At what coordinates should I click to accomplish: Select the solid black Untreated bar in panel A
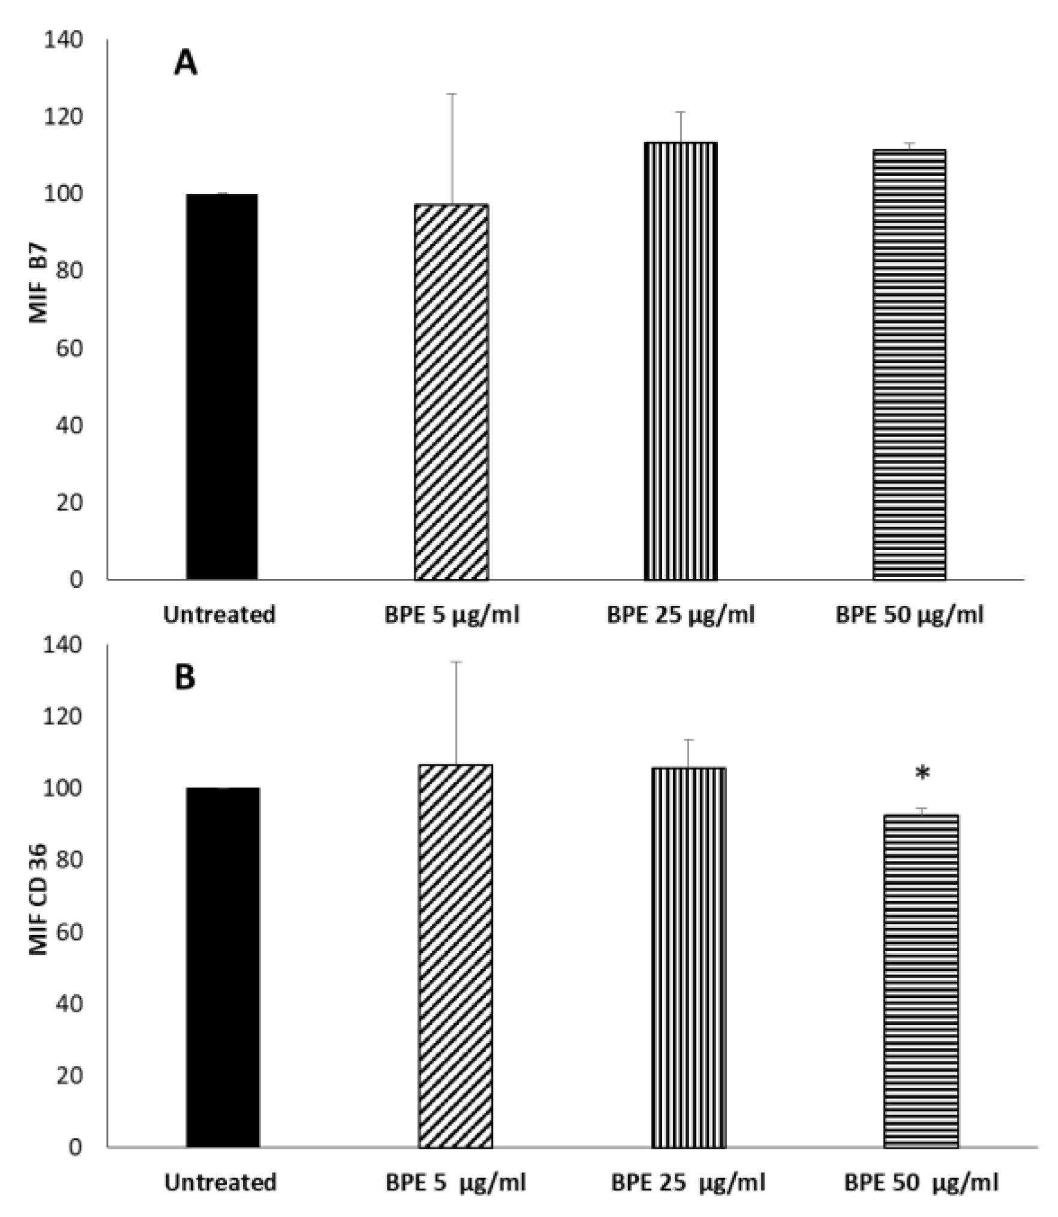222,387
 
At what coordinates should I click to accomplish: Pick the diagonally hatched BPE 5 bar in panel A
451,392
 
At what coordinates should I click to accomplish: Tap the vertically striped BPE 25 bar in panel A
680,361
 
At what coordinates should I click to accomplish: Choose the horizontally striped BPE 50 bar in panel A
909,365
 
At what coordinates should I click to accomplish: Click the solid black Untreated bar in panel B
223,967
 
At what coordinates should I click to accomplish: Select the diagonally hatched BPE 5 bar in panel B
455,956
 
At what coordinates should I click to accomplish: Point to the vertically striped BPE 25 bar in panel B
688,957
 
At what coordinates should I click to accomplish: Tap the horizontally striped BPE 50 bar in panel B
921,981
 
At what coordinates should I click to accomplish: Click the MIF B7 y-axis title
38,283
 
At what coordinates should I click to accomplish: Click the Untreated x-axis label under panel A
219,615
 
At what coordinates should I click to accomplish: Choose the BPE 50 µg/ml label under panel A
910,615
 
